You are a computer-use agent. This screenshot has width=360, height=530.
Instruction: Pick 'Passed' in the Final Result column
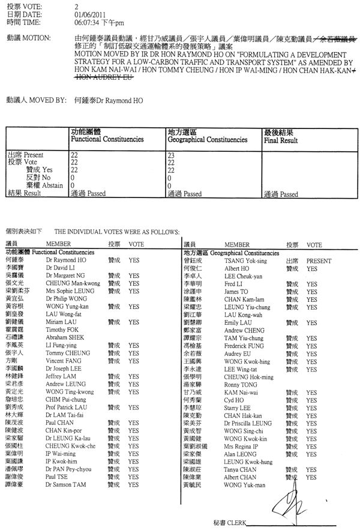[x=287, y=194]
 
